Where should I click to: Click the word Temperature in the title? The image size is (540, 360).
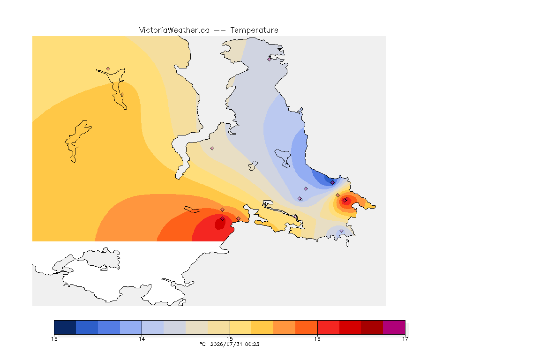pyautogui.click(x=254, y=30)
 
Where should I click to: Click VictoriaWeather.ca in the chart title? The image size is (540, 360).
pyautogui.click(x=174, y=30)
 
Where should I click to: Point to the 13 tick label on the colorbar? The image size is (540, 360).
pyautogui.click(x=54, y=339)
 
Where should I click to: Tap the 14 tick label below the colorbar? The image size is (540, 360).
pyautogui.click(x=142, y=339)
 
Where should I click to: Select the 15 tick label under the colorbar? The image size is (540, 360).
pyautogui.click(x=230, y=339)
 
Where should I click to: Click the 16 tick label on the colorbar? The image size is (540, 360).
pyautogui.click(x=317, y=339)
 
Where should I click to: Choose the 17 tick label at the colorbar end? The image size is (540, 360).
pyautogui.click(x=405, y=339)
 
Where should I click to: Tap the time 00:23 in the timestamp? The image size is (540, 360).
pyautogui.click(x=252, y=344)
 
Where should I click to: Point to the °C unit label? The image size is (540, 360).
pyautogui.click(x=202, y=344)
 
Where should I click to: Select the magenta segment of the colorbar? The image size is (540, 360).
pyautogui.click(x=394, y=327)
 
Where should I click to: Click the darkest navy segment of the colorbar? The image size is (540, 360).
pyautogui.click(x=65, y=327)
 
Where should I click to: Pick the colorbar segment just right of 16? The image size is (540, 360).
pyautogui.click(x=328, y=327)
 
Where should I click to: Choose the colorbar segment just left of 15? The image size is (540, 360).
pyautogui.click(x=219, y=327)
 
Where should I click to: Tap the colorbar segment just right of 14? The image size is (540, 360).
pyautogui.click(x=153, y=327)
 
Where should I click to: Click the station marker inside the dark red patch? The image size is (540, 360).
pyautogui.click(x=223, y=219)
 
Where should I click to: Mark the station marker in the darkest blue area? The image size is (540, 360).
pyautogui.click(x=332, y=183)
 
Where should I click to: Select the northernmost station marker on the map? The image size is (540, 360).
pyautogui.click(x=270, y=59)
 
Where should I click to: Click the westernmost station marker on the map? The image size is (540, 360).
pyautogui.click(x=108, y=69)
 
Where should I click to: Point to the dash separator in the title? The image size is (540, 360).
pyautogui.click(x=220, y=30)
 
